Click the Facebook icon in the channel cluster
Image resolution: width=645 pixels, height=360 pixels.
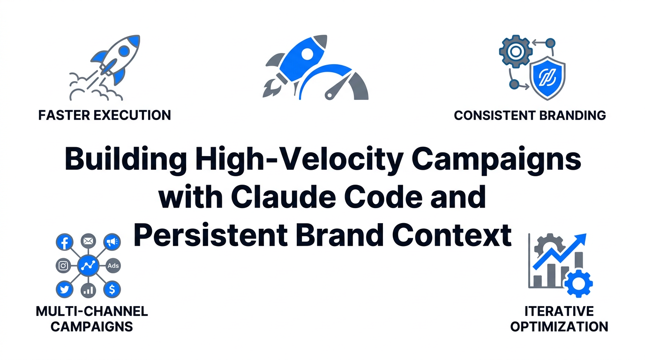(x=64, y=242)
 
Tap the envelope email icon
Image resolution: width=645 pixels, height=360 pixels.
(x=88, y=241)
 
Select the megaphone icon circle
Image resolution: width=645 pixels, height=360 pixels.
(x=112, y=242)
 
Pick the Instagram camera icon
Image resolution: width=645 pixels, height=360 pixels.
(x=63, y=266)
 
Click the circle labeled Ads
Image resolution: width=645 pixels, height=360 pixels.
(x=113, y=266)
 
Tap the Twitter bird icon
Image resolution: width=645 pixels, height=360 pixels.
(x=64, y=290)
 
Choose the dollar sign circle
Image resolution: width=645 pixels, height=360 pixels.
(x=112, y=290)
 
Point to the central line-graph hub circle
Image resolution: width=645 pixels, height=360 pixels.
(x=88, y=266)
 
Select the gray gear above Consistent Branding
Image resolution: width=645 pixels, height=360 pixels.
(x=516, y=51)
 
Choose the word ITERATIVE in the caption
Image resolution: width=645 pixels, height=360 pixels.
(x=559, y=311)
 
